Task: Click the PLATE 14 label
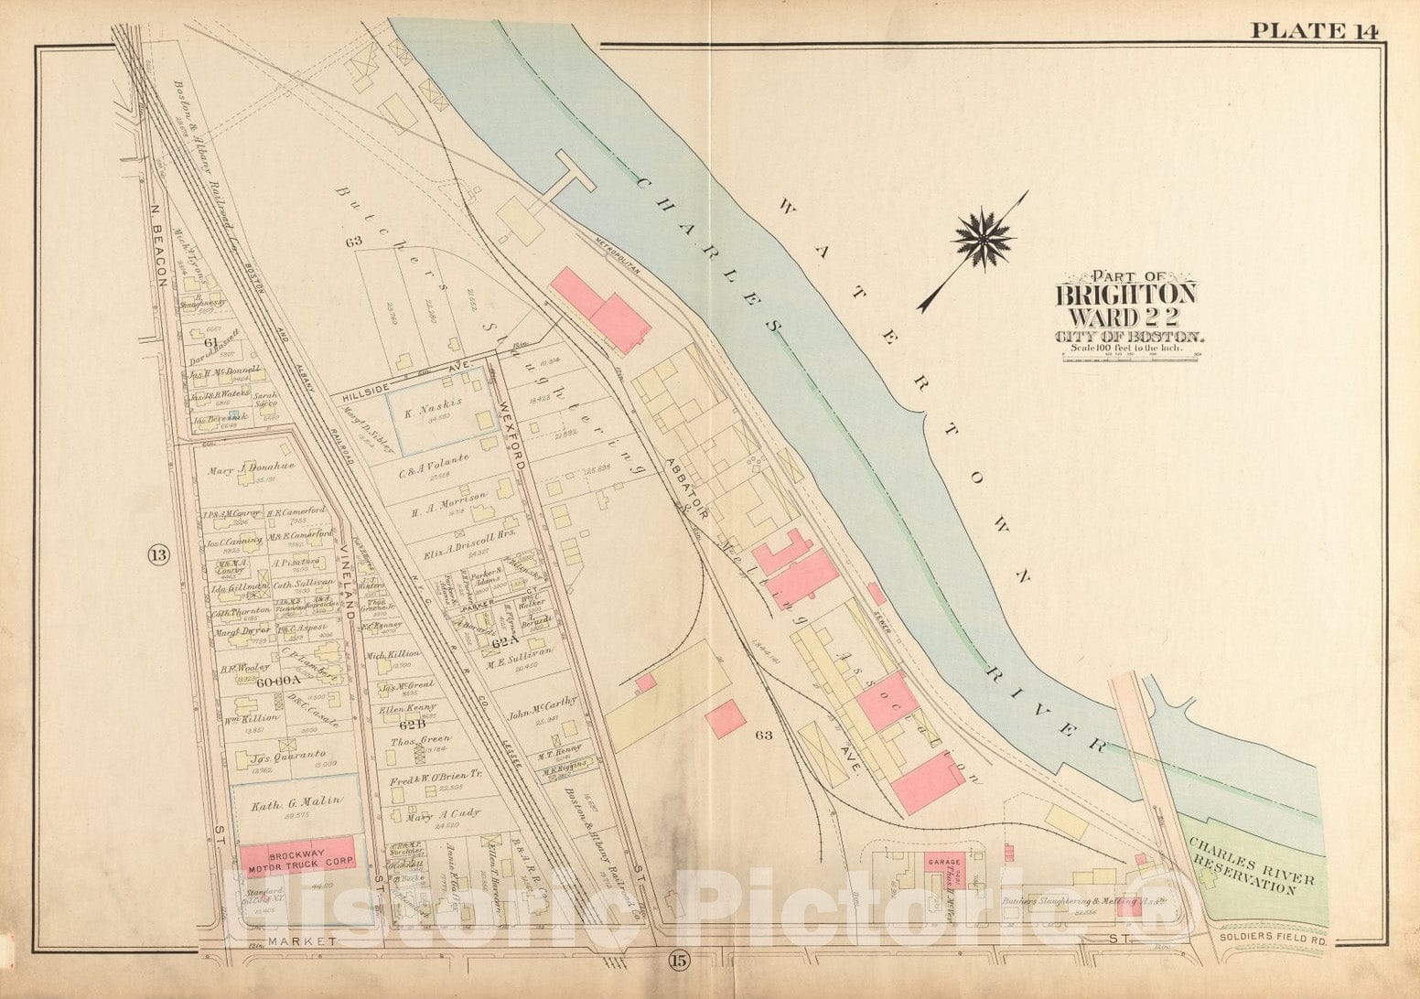[1314, 30]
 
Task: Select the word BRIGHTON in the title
[1125, 295]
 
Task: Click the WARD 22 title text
[1125, 317]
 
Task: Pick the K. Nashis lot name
[437, 404]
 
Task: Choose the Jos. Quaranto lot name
[287, 757]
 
